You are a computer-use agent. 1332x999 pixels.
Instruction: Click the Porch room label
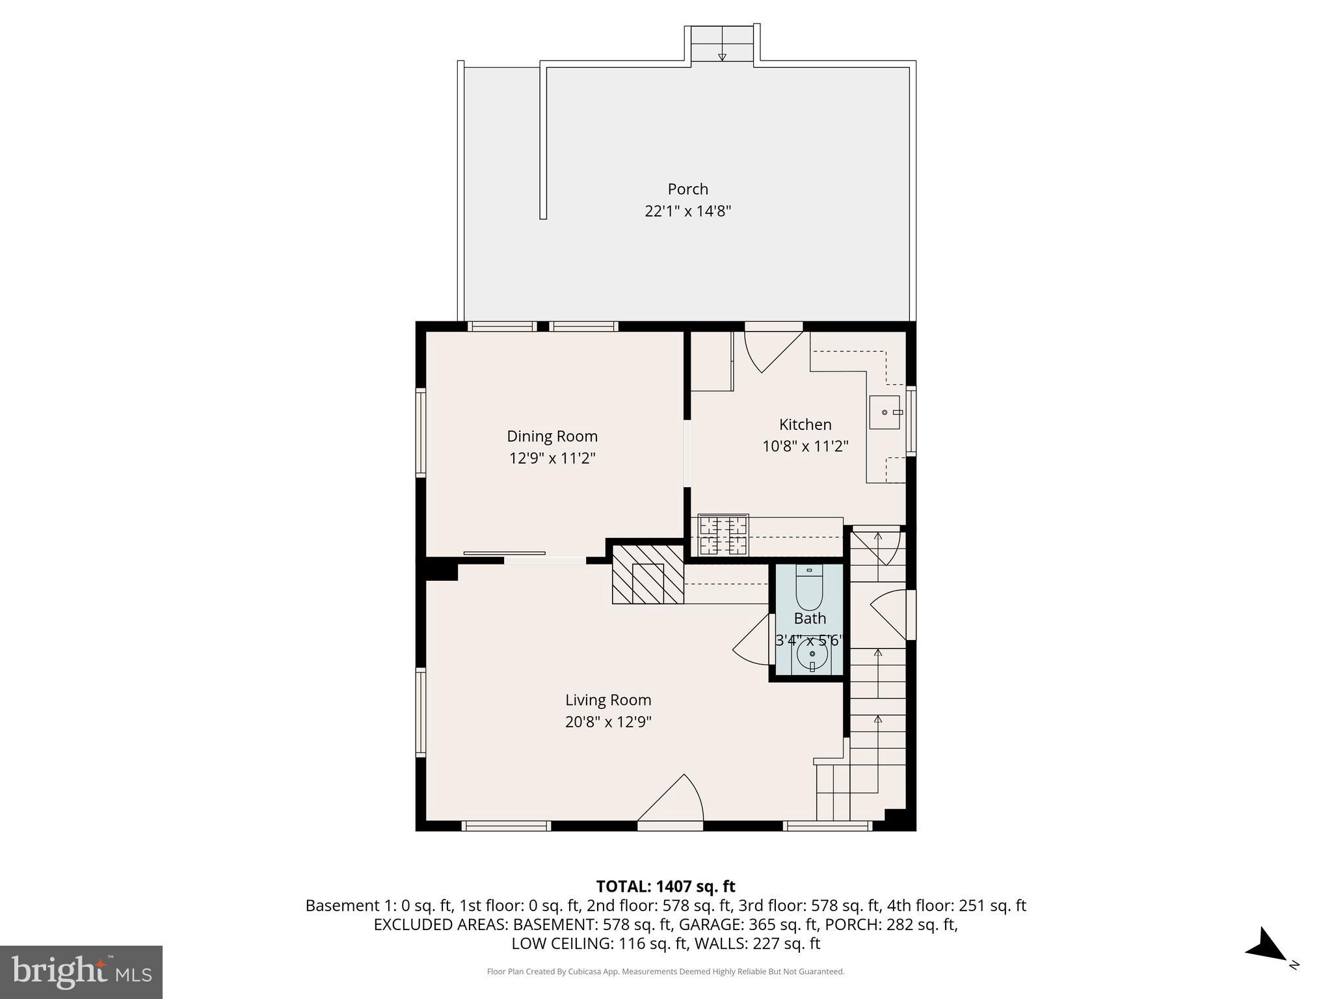(687, 189)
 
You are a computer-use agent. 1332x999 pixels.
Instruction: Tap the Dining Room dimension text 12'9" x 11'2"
(552, 459)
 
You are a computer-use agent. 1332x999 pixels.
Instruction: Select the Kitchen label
(805, 425)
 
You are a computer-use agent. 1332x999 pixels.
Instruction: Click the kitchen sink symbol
(885, 413)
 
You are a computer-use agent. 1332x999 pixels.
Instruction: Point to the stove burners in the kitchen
(723, 535)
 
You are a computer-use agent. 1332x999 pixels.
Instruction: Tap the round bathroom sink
(812, 656)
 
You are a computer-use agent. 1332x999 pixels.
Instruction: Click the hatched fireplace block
(648, 575)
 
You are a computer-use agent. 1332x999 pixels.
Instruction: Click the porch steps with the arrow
(722, 44)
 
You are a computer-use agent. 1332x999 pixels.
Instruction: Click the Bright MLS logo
(81, 972)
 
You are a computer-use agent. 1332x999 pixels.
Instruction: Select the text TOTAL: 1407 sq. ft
(665, 886)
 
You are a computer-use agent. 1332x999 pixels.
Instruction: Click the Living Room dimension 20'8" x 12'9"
(608, 722)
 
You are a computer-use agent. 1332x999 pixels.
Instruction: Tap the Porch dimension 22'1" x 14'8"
(687, 211)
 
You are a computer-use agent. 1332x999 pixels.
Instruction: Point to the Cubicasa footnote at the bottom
(665, 972)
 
